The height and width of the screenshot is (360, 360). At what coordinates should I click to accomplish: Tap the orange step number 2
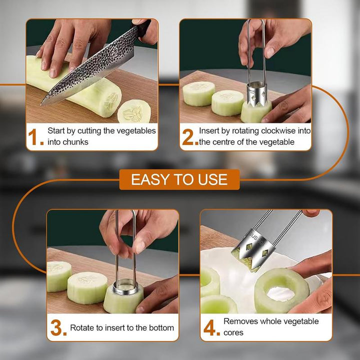(x=189, y=137)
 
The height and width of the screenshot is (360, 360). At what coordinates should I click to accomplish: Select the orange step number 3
(x=58, y=328)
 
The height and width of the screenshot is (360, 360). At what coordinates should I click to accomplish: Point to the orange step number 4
(x=211, y=328)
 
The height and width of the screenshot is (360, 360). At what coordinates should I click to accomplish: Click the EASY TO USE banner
(x=179, y=179)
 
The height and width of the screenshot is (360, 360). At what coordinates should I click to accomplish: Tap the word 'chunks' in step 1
(x=75, y=142)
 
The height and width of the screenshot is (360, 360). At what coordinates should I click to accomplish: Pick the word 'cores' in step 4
(x=233, y=332)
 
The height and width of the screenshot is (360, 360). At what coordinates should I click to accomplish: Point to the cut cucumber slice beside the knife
(x=133, y=111)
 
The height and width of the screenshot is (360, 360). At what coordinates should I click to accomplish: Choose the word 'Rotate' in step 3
(x=82, y=328)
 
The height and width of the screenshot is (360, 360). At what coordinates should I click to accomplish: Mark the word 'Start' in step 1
(x=56, y=131)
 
